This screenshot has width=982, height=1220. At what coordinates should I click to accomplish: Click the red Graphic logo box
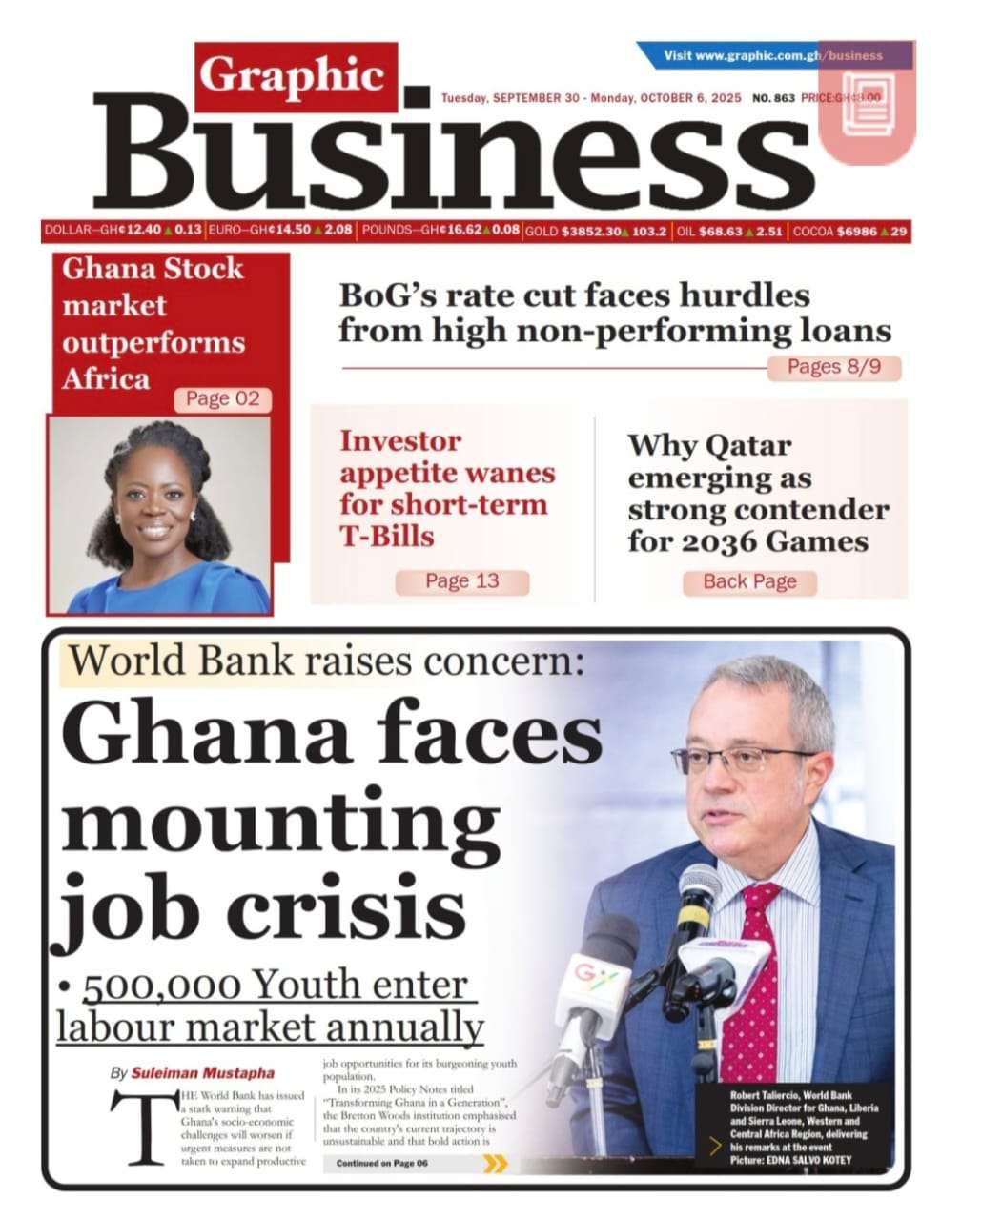(x=297, y=77)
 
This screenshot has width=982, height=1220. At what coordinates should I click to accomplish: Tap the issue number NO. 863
(x=773, y=98)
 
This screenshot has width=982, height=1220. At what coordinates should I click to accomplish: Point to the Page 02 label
(x=222, y=398)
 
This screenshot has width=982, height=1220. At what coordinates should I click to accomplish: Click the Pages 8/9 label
(x=834, y=367)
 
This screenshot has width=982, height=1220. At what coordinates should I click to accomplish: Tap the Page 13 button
(x=461, y=580)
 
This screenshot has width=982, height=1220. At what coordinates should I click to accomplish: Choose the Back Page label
(x=749, y=581)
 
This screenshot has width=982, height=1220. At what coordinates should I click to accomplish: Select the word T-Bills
(x=387, y=536)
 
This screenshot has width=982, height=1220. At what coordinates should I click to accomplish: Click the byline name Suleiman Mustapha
(x=192, y=1072)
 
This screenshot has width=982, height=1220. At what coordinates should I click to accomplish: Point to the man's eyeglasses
(x=743, y=760)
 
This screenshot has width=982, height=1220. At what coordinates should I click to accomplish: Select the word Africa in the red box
(x=106, y=378)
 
